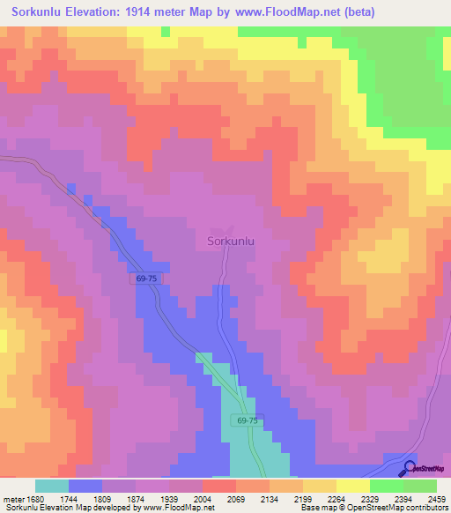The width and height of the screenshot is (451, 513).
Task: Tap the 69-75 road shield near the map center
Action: pyautogui.click(x=148, y=279)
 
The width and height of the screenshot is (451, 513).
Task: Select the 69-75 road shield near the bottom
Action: pyautogui.click(x=248, y=421)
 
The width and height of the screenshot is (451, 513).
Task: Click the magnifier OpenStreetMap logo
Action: pyautogui.click(x=410, y=468)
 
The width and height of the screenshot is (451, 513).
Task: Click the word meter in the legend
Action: pyautogui.click(x=15, y=498)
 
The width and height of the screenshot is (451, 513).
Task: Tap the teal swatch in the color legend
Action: pyautogui.click(x=52, y=486)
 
